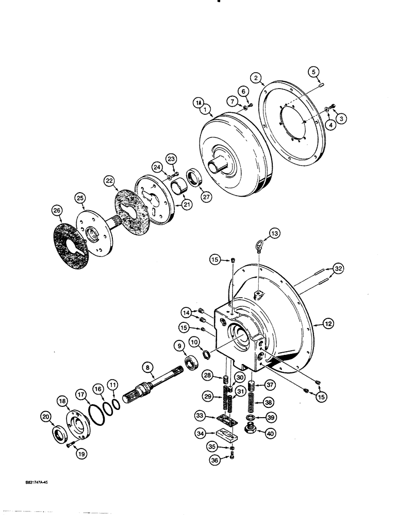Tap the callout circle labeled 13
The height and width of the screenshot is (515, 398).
(273, 234)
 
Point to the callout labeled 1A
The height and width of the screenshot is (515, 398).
(198, 104)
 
